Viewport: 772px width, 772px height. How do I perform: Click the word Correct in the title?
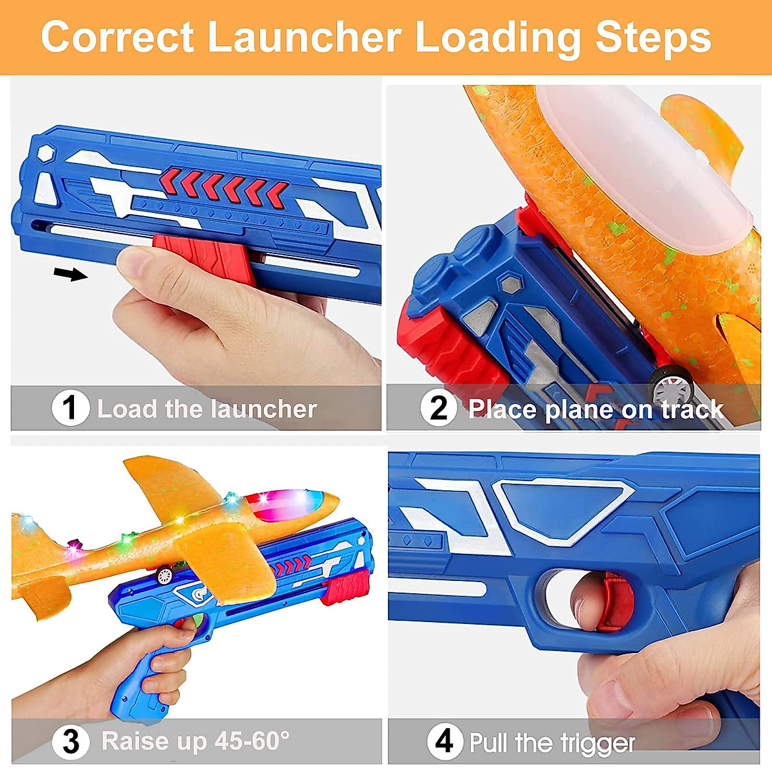click(x=117, y=37)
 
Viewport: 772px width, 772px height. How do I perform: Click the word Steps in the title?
click(x=652, y=37)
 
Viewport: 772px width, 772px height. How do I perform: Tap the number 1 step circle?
click(x=70, y=408)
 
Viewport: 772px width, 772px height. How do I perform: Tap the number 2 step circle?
click(x=438, y=408)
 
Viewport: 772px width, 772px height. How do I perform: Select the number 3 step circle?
click(x=70, y=741)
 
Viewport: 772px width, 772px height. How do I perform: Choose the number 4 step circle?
click(x=445, y=741)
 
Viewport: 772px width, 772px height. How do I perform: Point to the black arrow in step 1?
click(x=70, y=275)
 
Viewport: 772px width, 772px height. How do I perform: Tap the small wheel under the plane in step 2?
click(x=670, y=387)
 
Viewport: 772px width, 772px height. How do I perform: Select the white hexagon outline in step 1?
click(x=44, y=154)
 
